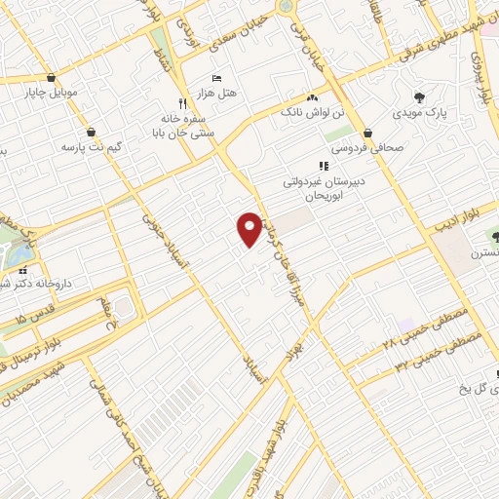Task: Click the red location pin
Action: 249,228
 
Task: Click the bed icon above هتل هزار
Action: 216,78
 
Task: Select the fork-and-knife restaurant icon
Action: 181,102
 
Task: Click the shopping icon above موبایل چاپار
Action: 49,79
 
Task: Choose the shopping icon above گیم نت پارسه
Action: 91,132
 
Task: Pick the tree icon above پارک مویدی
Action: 419,97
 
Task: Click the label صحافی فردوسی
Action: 367,149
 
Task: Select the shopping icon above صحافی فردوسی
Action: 367,134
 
